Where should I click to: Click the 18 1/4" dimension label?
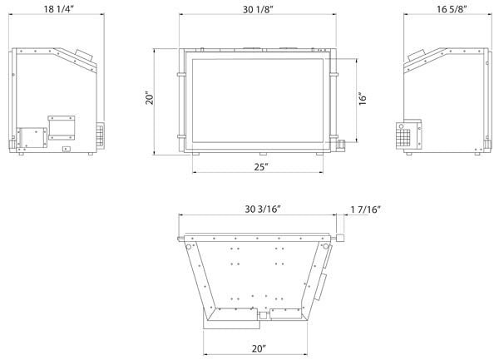[x=58, y=9]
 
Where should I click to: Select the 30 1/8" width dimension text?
[x=258, y=9]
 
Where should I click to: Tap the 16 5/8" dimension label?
[x=452, y=9]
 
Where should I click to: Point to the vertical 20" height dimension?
[x=150, y=98]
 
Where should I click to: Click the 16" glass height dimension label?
[x=363, y=99]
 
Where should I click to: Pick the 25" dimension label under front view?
[x=261, y=166]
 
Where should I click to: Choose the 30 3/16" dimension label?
[x=263, y=209]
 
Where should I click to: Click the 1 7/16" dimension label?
[x=366, y=210]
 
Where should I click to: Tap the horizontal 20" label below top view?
[x=259, y=348]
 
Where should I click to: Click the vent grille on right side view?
[x=403, y=138]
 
